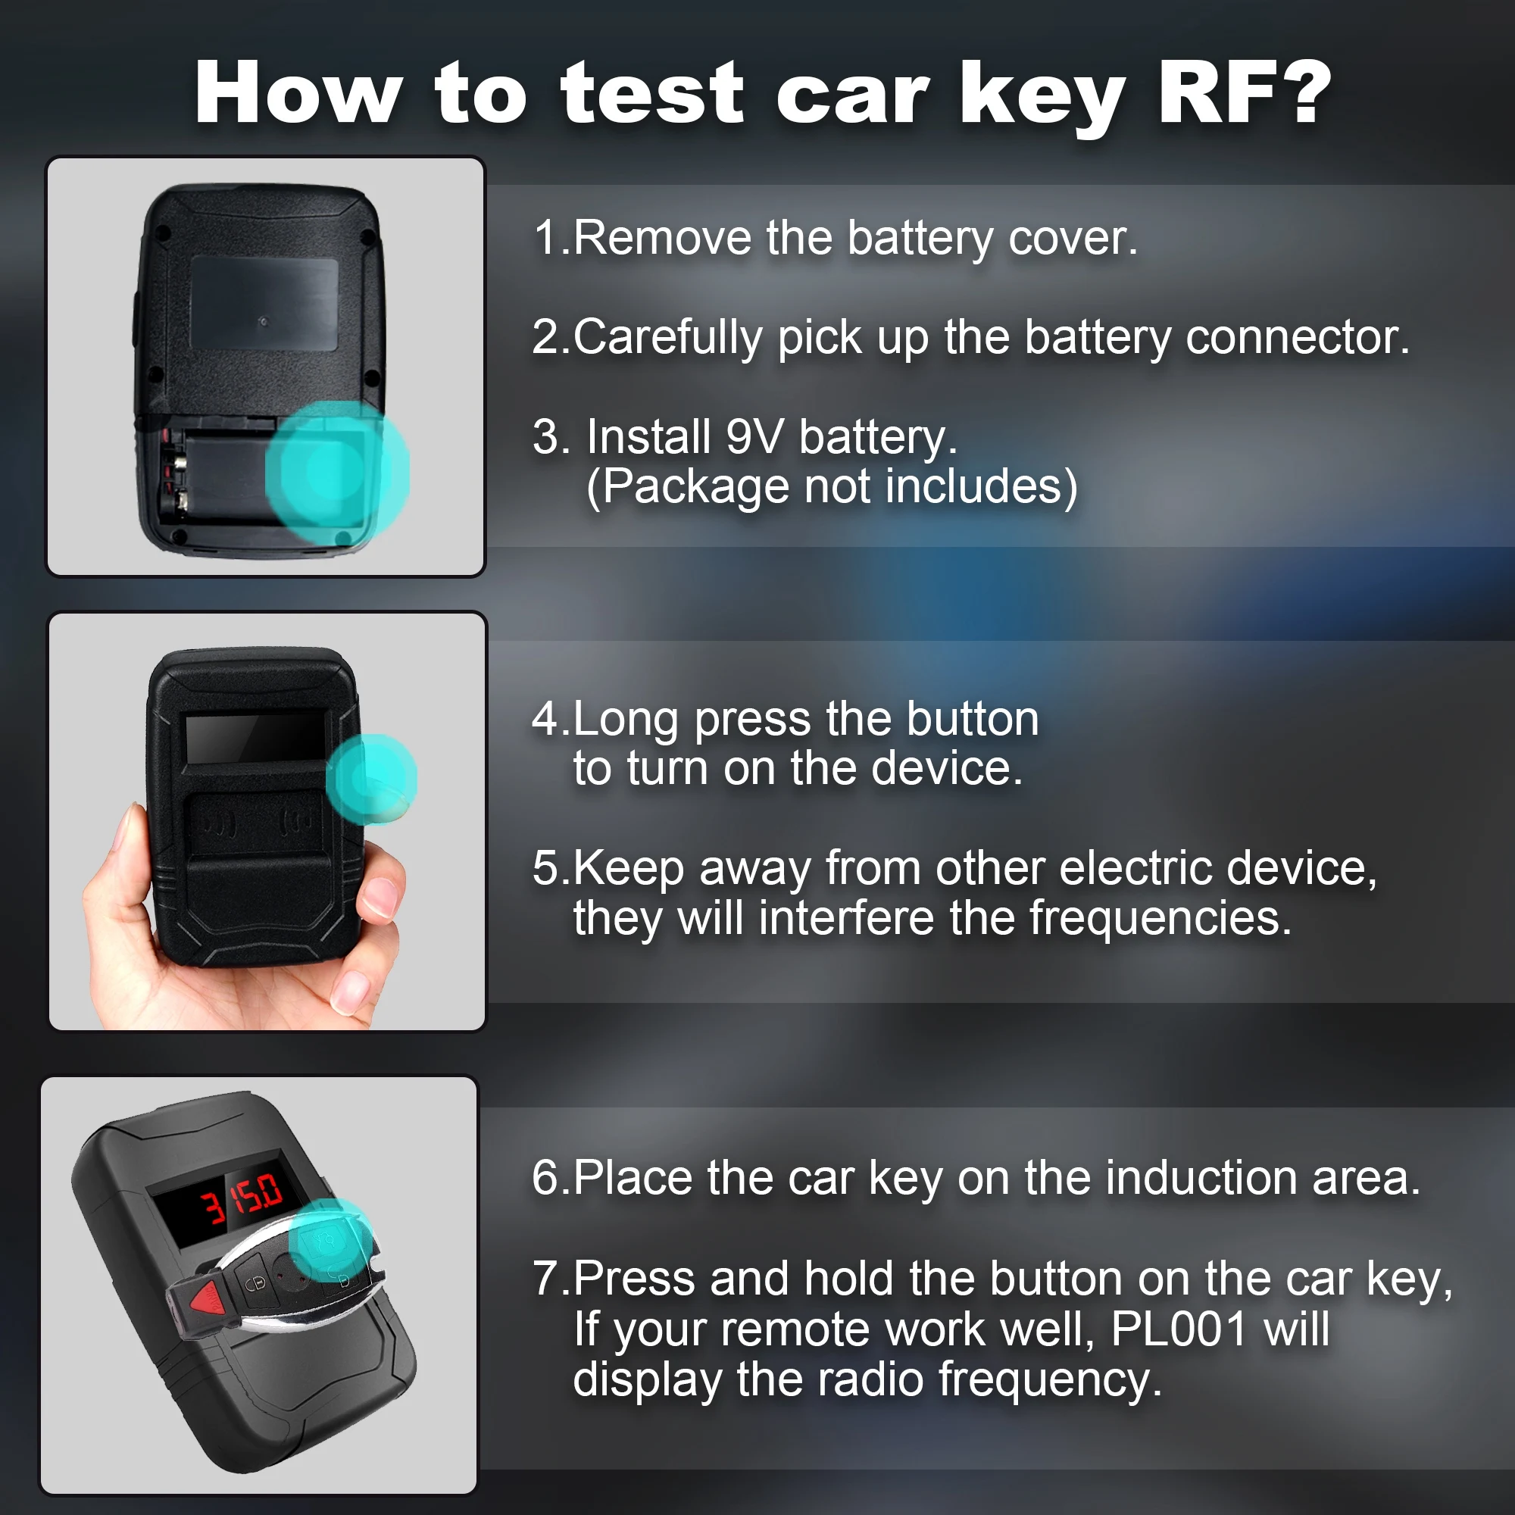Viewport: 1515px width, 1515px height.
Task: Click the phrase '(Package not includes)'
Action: tap(831, 486)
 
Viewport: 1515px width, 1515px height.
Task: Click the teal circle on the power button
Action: tap(372, 779)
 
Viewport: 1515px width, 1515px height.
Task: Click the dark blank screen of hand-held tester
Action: tap(255, 738)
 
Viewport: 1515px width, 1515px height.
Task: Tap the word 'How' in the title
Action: tap(298, 94)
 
